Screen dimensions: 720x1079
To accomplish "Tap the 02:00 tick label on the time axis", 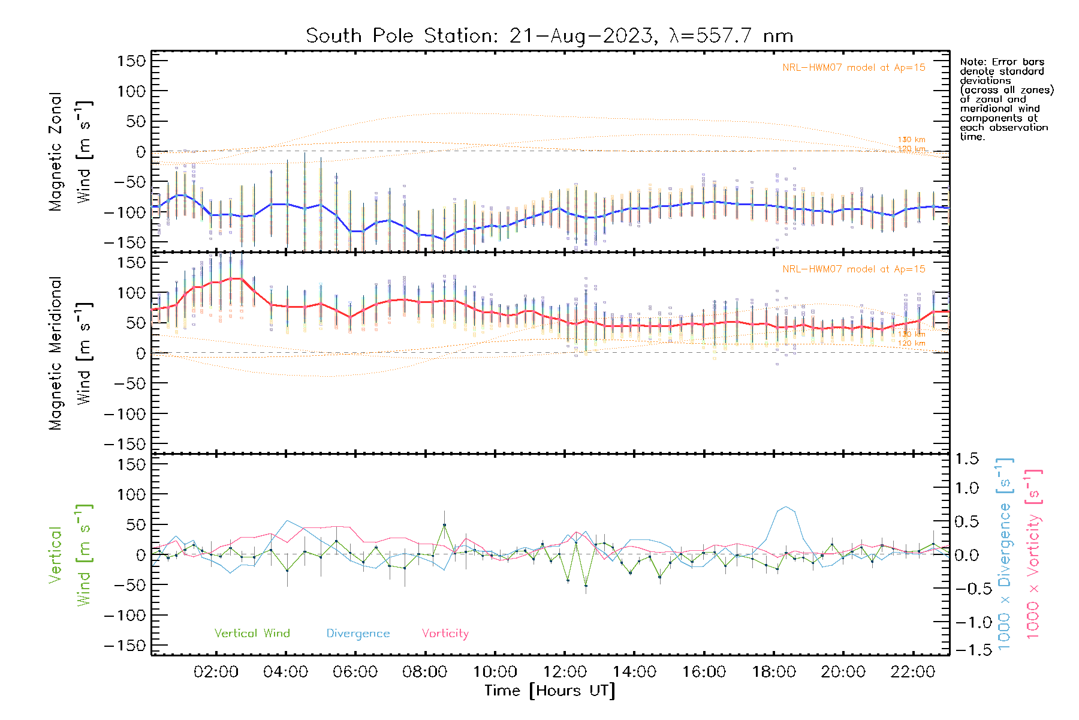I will click(x=216, y=672).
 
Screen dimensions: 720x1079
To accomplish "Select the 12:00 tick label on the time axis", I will click(x=565, y=672).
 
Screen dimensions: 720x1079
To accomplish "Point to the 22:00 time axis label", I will click(x=913, y=672).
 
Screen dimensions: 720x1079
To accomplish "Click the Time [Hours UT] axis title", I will click(x=550, y=691).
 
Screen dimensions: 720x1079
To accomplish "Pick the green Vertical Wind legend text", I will click(x=252, y=634).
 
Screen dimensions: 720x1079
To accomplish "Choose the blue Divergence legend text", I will click(x=358, y=634).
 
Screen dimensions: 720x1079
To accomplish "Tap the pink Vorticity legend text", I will click(x=445, y=634).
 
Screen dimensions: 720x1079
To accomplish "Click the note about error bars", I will click(x=1006, y=99).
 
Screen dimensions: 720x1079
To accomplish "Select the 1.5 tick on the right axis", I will click(x=966, y=459).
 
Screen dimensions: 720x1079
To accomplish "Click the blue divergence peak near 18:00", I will click(x=786, y=507).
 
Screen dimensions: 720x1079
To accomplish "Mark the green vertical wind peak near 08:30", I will click(x=444, y=525).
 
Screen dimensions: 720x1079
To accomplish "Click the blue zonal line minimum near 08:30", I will click(x=444, y=239).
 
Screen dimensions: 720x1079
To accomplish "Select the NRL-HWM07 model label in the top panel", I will click(x=854, y=68).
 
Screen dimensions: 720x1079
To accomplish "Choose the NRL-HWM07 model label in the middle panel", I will click(x=854, y=269).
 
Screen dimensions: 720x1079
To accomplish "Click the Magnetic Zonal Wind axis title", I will click(x=70, y=152).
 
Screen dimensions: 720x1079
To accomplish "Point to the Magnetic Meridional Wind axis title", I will click(x=70, y=353).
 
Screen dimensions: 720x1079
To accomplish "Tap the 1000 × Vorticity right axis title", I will click(x=1033, y=554).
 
